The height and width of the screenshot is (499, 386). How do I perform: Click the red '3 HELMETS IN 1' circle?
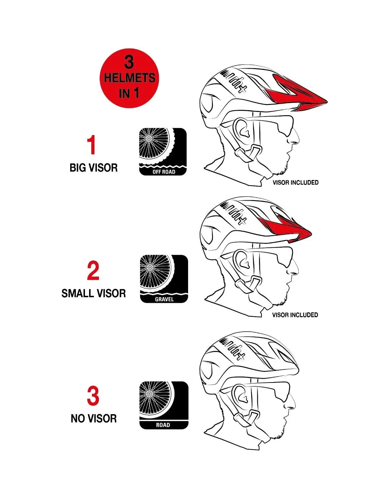tap(129, 78)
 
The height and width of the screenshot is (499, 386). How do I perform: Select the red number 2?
tap(93, 271)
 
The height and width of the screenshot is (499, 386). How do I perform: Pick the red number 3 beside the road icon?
tap(93, 396)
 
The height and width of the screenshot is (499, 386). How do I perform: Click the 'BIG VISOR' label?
tap(93, 168)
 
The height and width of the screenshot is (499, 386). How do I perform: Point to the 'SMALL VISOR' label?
tap(93, 293)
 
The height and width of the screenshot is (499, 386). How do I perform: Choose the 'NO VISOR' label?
tap(94, 418)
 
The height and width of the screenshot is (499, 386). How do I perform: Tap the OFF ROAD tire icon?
tap(163, 152)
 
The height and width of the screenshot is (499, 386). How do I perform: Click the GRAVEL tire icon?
tap(164, 279)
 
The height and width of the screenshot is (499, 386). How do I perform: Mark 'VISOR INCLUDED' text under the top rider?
tap(295, 182)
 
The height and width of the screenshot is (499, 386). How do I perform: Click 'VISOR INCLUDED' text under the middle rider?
tap(295, 315)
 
